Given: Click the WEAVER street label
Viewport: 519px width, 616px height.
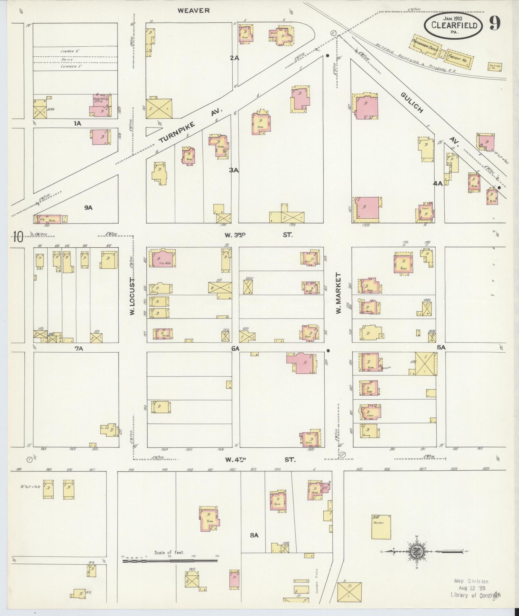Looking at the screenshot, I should pos(194,11).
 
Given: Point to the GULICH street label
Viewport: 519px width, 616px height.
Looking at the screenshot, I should pos(412,103).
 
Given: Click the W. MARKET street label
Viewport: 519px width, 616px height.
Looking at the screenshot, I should pos(338,293).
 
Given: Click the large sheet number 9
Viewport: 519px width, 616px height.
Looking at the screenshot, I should pos(495,23).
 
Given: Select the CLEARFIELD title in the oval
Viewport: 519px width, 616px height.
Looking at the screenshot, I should pos(454,25).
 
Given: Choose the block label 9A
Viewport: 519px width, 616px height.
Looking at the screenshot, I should pos(88,208).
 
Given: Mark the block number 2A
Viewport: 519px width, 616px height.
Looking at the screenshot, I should pos(234,58).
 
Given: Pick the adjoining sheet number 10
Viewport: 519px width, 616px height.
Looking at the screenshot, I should pos(18,238).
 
